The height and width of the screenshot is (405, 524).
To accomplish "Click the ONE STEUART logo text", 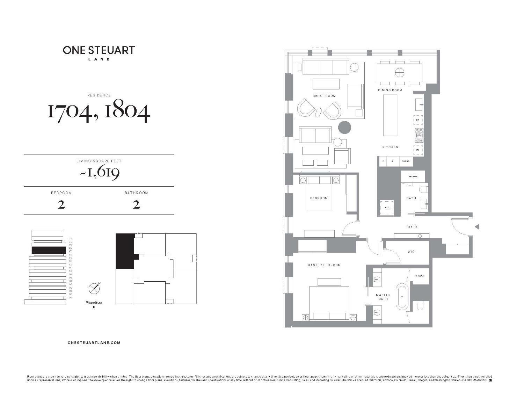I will pos(99,50).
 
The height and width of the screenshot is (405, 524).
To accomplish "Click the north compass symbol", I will pos(94,288).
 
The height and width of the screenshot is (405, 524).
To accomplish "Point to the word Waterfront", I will pos(94,303).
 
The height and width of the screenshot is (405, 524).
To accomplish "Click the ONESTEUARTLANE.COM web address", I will pos(94,343).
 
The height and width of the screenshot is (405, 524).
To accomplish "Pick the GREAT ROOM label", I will pos(324,96).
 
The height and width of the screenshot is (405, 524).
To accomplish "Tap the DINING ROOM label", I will pos(390,90).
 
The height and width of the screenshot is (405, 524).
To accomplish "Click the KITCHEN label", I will pos(390,147).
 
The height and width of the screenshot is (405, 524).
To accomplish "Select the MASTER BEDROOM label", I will pos(324,265).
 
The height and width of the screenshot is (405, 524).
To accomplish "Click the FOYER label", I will pos(411,227).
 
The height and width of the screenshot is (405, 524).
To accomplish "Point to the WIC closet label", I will pos(411,252).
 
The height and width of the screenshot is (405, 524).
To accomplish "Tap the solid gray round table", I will pos(344,127).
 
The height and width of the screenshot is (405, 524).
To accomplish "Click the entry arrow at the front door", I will pos(476,227).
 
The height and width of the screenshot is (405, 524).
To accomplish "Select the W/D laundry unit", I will pos(387,208).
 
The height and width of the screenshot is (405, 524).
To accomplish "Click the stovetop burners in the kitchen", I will pos(419,135).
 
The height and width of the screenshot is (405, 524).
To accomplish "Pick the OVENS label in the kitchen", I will pos(405,161).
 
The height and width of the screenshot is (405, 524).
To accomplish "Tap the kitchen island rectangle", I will pos(390,115).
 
